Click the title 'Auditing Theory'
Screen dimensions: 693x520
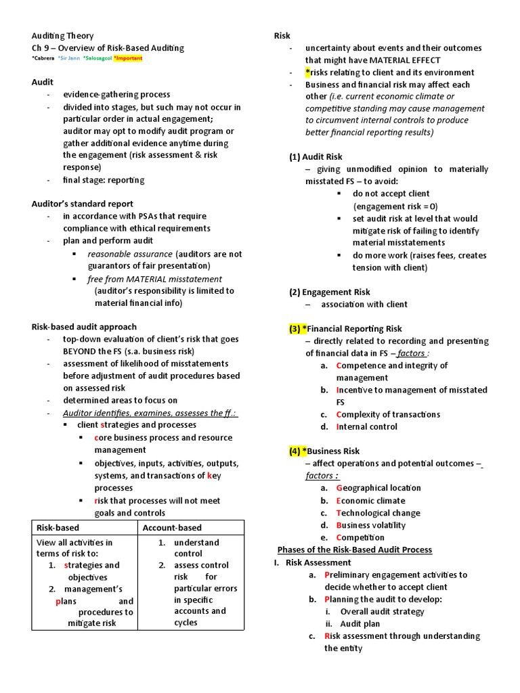point(62,36)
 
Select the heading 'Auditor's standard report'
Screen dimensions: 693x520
point(83,204)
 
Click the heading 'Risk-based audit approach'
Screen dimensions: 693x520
point(84,326)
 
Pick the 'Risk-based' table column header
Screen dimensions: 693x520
point(58,528)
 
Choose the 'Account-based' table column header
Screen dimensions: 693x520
point(172,528)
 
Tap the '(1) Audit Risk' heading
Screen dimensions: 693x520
point(316,156)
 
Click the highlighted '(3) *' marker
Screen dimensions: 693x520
point(298,329)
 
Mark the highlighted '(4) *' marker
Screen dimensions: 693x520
point(298,451)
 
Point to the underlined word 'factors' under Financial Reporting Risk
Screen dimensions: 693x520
point(411,353)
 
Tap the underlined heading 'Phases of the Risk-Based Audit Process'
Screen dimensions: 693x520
point(355,550)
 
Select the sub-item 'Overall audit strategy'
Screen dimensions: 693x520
point(382,611)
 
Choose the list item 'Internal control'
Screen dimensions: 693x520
point(366,426)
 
